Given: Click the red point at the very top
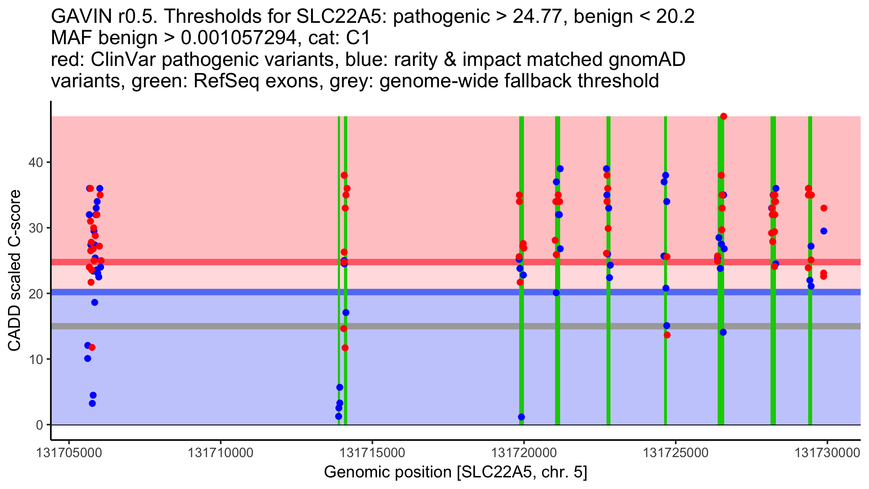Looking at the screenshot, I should click(x=723, y=116).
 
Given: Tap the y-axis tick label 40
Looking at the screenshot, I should click(x=35, y=162).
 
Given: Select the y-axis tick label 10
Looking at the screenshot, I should click(x=35, y=359).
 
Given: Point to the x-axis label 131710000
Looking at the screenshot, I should click(x=220, y=453).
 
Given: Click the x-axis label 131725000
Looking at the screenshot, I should click(x=675, y=453).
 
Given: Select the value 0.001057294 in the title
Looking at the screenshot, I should click(x=238, y=38).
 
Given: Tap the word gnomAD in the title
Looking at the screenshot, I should click(x=647, y=60).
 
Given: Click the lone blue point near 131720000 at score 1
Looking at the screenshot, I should click(x=521, y=417).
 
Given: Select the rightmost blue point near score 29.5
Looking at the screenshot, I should click(x=824, y=231).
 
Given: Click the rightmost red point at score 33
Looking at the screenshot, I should click(x=824, y=208).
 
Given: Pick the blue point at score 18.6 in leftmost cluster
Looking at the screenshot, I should click(x=95, y=302).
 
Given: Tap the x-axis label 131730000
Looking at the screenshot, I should click(x=827, y=453).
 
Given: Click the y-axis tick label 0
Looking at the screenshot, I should click(x=39, y=425).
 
